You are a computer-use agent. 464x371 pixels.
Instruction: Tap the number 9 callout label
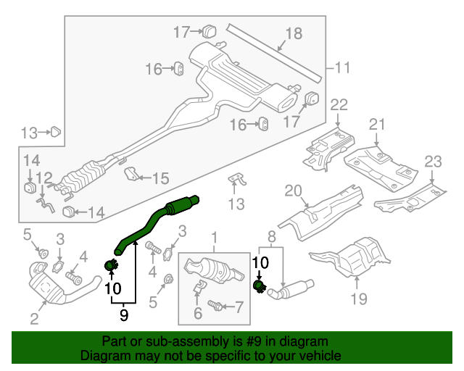coord(123,314)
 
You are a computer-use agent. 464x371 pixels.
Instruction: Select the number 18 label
coord(293,33)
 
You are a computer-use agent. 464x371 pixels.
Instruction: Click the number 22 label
coord(339,106)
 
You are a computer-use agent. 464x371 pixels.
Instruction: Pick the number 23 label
coord(433,161)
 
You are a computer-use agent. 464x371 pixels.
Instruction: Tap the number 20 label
coord(293,191)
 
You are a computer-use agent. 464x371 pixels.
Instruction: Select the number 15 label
coord(160,178)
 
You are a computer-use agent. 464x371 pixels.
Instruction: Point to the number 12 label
coord(44,178)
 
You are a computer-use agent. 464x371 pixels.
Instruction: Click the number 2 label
coord(34,318)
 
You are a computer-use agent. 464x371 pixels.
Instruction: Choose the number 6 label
coord(196,313)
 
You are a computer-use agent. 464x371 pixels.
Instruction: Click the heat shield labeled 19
coord(355,257)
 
